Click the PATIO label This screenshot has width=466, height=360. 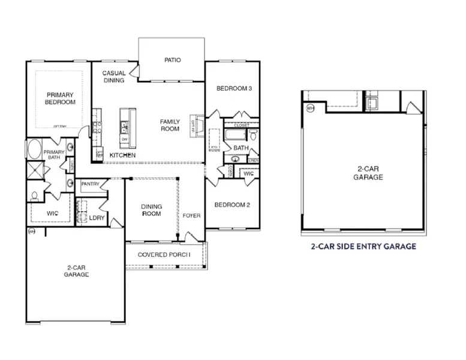click(x=173, y=60)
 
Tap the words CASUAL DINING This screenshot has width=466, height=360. click(x=113, y=77)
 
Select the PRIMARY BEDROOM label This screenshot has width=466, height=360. click(x=60, y=98)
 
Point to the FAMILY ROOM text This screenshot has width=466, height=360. click(x=170, y=125)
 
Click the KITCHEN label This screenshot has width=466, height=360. click(x=122, y=155)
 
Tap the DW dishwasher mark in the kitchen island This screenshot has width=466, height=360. click(x=124, y=139)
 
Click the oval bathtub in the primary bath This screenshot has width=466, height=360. click(x=34, y=150)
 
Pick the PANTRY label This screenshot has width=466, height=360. click(x=90, y=184)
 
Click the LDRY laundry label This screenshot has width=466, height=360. click(x=97, y=218)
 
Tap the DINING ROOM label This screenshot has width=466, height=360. click(x=151, y=211)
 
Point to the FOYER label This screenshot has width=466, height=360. click(x=192, y=215)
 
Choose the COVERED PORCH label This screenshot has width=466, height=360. click(x=164, y=254)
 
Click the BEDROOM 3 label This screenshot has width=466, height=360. click(x=234, y=89)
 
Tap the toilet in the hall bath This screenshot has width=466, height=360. click(x=254, y=136)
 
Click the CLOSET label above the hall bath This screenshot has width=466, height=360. click(x=241, y=125)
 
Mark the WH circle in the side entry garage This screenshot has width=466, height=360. click(x=310, y=109)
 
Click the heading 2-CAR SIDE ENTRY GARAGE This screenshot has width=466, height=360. click(x=363, y=246)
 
